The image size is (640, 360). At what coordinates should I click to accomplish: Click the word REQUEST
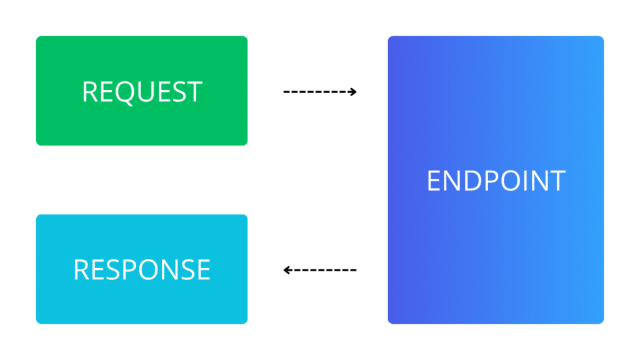coord(142,92)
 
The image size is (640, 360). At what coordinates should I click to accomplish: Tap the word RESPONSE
coord(142,269)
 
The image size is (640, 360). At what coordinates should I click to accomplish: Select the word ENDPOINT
coord(496,181)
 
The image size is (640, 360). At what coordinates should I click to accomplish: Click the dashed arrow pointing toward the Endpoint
coord(319,92)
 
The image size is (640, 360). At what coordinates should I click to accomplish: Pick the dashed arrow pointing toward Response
coord(319,270)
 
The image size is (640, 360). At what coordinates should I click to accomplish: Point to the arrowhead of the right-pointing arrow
coord(353,92)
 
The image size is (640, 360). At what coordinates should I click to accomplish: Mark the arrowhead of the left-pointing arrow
coord(286,270)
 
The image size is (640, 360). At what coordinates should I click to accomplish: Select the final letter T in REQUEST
coord(195,92)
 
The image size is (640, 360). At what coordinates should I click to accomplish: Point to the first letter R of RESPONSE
coord(81,269)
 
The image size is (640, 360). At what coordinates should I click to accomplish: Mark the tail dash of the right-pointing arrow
coord(286,92)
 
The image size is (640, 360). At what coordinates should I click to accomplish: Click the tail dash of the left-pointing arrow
coord(353,270)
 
